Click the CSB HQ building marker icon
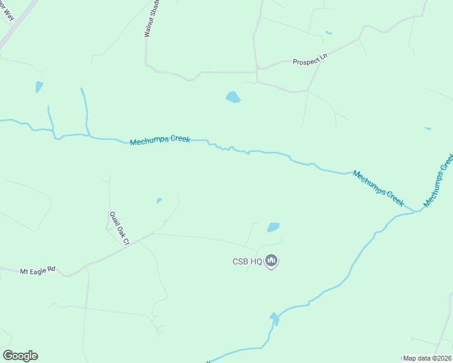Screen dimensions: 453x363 tap(271, 261)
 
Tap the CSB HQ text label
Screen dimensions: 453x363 tap(247, 262)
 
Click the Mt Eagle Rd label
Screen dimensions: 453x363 tap(38, 272)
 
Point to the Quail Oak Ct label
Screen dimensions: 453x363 tap(119, 227)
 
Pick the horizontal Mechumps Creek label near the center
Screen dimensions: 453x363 tap(160, 140)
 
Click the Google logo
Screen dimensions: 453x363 tap(20, 356)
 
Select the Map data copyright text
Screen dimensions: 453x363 tap(427, 358)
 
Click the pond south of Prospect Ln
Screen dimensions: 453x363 tap(233, 97)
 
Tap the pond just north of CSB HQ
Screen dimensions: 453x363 tap(273, 227)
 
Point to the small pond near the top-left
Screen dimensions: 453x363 tap(39, 87)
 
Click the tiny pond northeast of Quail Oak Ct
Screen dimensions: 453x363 tap(159, 200)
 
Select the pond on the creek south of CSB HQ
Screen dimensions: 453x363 tap(274, 318)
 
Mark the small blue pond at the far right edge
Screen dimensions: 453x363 tap(428, 128)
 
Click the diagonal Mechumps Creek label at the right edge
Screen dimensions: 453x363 tap(439, 180)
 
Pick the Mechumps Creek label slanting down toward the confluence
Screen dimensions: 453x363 tap(378, 188)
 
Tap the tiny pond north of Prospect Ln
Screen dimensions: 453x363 tap(329, 32)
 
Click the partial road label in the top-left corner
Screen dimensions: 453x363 tap(9, 11)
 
